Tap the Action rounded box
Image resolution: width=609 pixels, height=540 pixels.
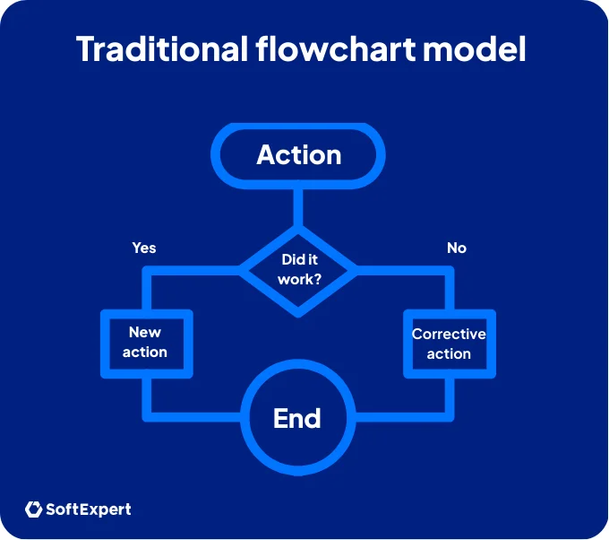click(x=298, y=155)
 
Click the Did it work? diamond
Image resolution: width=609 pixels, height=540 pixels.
click(x=298, y=269)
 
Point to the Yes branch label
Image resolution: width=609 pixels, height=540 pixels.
click(x=144, y=248)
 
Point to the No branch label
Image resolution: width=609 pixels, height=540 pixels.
click(x=457, y=248)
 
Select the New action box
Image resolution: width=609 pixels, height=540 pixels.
click(x=145, y=342)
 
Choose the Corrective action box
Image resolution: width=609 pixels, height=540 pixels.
click(x=449, y=343)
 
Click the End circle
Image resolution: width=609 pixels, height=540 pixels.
click(x=297, y=418)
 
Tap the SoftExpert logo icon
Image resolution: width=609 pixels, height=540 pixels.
click(x=34, y=510)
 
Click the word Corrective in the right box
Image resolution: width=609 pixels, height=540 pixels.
click(x=449, y=334)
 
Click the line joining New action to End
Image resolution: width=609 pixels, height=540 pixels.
click(x=193, y=417)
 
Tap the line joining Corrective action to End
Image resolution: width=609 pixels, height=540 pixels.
click(x=403, y=417)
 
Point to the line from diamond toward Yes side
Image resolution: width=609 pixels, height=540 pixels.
click(x=193, y=269)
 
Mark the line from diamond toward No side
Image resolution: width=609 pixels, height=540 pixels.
click(x=403, y=269)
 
